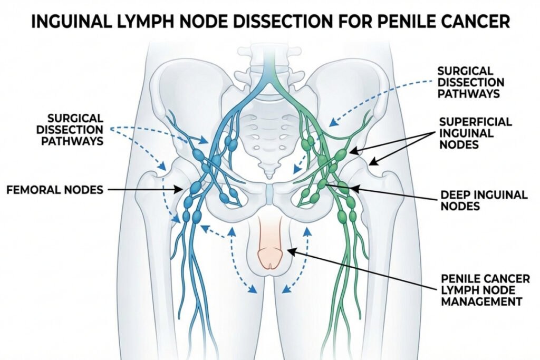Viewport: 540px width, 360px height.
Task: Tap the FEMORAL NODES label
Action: click(55, 189)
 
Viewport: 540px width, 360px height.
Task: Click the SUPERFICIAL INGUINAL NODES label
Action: click(475, 133)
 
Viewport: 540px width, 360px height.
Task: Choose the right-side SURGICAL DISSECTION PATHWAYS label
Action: click(471, 82)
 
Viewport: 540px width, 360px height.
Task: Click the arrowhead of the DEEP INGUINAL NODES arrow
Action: click(350, 188)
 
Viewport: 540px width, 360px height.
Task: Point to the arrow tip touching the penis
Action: click(287, 251)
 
